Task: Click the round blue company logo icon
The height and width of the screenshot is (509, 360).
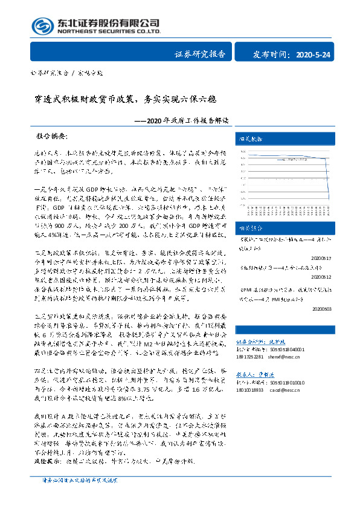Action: tap(42, 26)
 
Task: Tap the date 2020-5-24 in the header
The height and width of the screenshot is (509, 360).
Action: tap(313, 55)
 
